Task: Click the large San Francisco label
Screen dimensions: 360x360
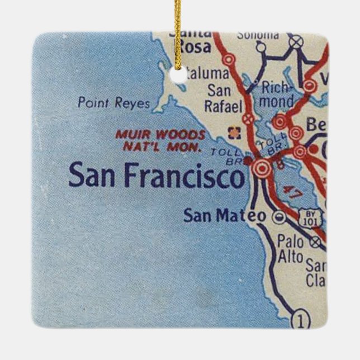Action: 157,177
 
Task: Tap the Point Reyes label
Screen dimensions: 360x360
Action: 114,103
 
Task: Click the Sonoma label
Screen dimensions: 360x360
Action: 258,35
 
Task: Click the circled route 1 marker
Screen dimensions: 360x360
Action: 300,321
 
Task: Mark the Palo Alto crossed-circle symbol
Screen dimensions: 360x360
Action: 316,242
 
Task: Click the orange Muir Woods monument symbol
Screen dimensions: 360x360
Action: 233,132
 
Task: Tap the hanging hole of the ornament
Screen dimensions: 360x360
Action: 178,77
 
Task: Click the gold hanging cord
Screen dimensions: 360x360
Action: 178,34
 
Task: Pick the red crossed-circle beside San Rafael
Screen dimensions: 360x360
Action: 248,119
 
